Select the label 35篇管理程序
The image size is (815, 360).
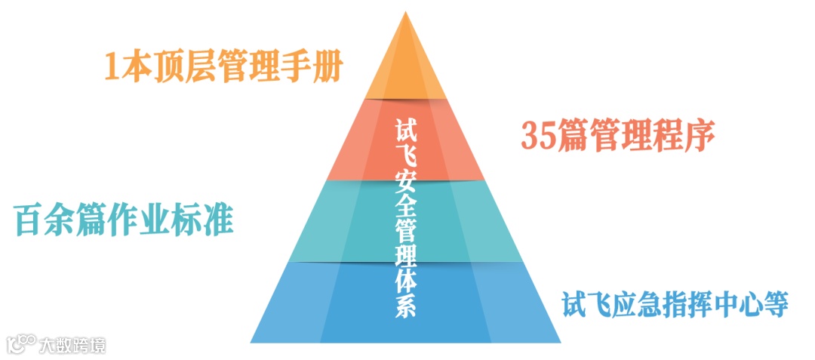(617, 134)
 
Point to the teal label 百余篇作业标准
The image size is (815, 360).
(123, 220)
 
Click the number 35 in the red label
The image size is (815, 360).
(538, 135)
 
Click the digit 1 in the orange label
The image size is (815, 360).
(112, 67)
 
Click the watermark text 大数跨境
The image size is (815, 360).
(73, 345)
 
